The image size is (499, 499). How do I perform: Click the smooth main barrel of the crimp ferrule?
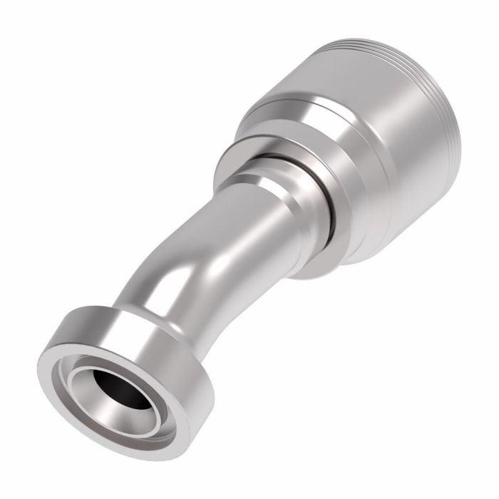coord(371,143)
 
